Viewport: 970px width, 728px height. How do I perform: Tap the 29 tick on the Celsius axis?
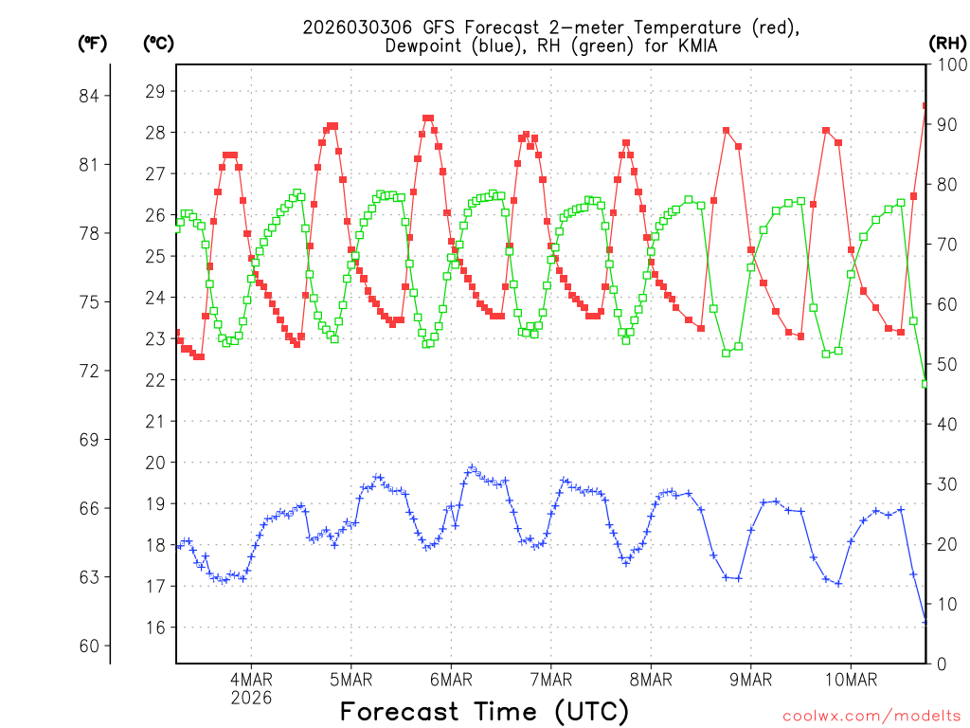[155, 92]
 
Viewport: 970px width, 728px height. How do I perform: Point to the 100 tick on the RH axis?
[948, 64]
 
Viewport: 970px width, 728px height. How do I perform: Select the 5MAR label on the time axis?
[350, 679]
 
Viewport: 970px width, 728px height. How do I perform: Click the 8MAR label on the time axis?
[650, 679]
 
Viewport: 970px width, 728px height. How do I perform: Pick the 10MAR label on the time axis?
[850, 679]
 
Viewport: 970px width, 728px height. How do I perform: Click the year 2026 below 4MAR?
[251, 697]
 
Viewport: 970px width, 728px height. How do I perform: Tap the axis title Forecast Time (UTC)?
[484, 711]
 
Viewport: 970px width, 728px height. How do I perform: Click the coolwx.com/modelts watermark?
[871, 715]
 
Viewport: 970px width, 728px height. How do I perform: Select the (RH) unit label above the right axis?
[947, 43]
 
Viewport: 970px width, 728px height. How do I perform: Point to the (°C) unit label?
[159, 43]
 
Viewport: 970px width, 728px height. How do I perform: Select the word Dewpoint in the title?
[427, 45]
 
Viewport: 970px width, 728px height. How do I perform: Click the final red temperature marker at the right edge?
[925, 106]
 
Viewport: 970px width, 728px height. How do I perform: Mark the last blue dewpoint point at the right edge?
[925, 622]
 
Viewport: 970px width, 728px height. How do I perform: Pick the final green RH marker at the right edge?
[925, 383]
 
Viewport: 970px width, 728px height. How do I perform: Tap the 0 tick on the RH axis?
[940, 663]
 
